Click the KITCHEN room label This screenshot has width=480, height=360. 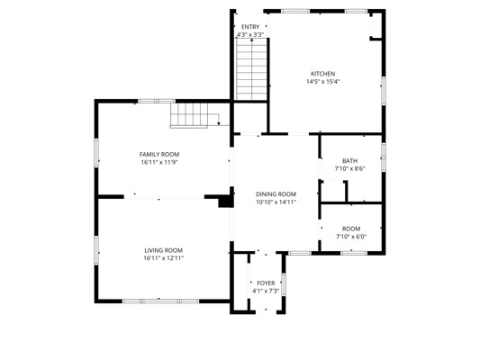(x=323, y=74)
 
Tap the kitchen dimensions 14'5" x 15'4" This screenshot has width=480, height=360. (x=323, y=82)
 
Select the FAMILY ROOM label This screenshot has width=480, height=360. (x=159, y=155)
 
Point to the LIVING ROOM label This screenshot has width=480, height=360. (x=164, y=250)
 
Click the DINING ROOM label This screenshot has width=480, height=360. (x=276, y=194)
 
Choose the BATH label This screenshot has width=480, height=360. (x=349, y=161)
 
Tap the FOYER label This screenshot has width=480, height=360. (x=266, y=283)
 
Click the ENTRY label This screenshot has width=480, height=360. (x=250, y=27)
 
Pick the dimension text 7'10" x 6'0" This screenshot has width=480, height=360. (x=351, y=237)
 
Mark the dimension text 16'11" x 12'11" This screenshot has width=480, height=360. (x=164, y=258)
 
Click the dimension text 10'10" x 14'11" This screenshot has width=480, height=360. (x=276, y=202)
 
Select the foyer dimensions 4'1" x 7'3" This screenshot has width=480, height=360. (x=266, y=291)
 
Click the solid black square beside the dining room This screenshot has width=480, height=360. (x=226, y=202)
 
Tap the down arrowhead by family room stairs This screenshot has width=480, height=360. (x=219, y=123)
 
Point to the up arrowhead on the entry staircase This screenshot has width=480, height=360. (x=251, y=40)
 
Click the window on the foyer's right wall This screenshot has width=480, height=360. (x=284, y=284)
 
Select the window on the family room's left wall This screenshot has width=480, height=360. (x=96, y=153)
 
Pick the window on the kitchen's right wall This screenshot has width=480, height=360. (x=384, y=91)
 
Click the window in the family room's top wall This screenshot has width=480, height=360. (x=157, y=101)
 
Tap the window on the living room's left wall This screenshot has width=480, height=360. (x=96, y=250)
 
